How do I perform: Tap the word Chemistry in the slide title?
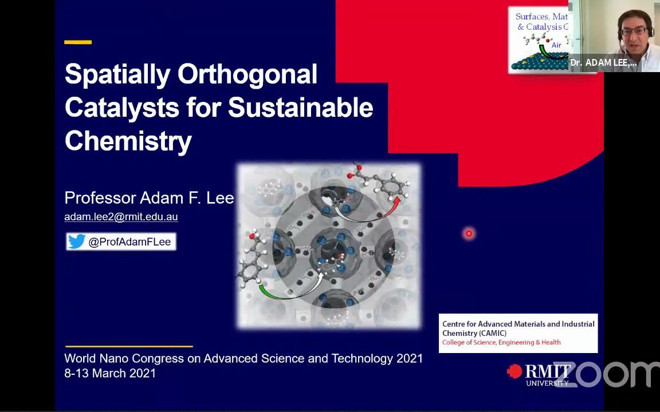click(x=128, y=141)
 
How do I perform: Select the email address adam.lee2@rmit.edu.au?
click(x=121, y=217)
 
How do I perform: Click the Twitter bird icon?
click(x=76, y=241)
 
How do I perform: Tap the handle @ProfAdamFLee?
click(x=129, y=242)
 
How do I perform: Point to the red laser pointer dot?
click(x=469, y=233)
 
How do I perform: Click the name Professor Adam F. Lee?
click(x=149, y=198)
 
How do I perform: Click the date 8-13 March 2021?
click(x=110, y=373)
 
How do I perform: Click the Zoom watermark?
click(x=613, y=374)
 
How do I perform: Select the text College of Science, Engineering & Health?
click(x=501, y=342)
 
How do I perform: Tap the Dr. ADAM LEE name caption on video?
click(x=603, y=63)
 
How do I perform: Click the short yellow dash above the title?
click(x=78, y=42)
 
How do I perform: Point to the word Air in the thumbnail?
click(x=556, y=45)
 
